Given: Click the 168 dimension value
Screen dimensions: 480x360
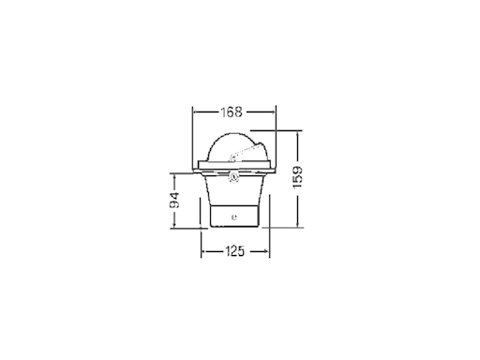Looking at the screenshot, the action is [x=232, y=112].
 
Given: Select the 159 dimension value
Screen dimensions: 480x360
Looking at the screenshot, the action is [x=298, y=177].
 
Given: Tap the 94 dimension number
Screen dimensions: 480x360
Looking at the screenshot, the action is [x=174, y=201].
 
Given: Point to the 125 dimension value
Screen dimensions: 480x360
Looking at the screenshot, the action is [x=234, y=251].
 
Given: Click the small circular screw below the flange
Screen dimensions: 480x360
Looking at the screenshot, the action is [x=233, y=177].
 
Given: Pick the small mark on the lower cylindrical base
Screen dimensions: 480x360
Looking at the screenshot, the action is [x=234, y=217].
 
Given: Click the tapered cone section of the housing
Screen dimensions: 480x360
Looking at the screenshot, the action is [x=233, y=190].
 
